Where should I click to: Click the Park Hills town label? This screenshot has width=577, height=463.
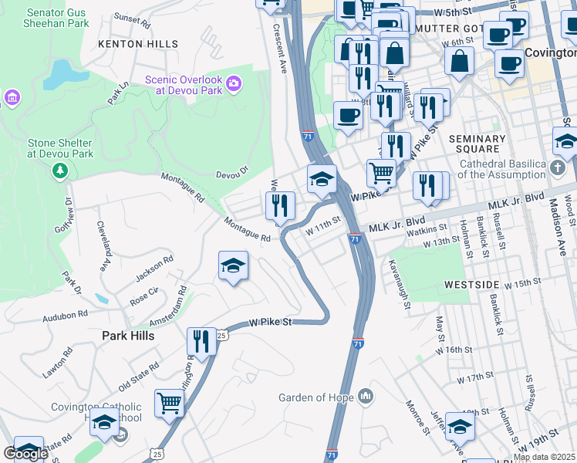128,336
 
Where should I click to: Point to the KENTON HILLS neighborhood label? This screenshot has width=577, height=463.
137,44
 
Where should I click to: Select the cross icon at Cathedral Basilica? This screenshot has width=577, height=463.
558,167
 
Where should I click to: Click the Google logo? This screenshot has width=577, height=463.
25,454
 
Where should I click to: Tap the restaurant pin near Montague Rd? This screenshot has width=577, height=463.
280,206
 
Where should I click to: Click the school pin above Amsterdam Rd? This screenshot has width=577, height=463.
233,266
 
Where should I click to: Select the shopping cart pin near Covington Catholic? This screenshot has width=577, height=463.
169,404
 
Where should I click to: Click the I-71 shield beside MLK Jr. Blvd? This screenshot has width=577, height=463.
354,239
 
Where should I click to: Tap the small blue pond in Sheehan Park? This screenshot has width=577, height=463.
58,73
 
